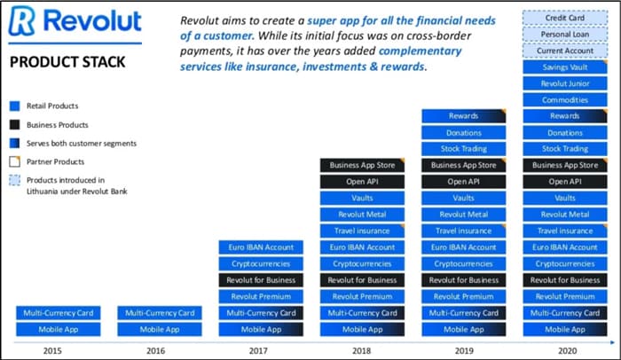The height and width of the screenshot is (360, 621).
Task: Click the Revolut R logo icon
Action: pyautogui.click(x=22, y=20)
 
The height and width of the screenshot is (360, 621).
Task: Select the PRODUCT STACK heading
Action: pyautogui.click(x=67, y=62)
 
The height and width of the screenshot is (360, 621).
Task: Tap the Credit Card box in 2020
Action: pyautogui.click(x=565, y=18)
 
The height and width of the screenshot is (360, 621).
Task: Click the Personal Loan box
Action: pyautogui.click(x=565, y=35)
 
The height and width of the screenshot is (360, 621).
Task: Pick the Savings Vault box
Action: pyautogui.click(x=565, y=67)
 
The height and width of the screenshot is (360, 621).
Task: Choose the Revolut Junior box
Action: pyautogui.click(x=565, y=83)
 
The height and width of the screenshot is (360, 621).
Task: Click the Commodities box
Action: pyautogui.click(x=565, y=100)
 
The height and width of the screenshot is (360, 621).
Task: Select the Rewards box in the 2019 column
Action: pyautogui.click(x=463, y=116)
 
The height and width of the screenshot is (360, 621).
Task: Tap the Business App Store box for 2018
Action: pyautogui.click(x=362, y=165)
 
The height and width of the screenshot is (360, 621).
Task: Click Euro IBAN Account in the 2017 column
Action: pyautogui.click(x=261, y=247)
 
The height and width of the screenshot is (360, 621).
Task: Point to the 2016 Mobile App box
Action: pyautogui.click(x=159, y=329)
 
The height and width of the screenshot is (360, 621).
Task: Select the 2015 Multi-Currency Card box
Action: pyautogui.click(x=59, y=313)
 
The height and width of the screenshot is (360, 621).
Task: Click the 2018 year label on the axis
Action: pyautogui.click(x=361, y=350)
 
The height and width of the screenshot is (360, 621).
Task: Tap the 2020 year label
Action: pyautogui.click(x=567, y=350)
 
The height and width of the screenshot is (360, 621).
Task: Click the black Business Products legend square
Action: pyautogui.click(x=15, y=125)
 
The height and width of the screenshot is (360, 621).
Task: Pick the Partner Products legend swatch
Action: pyautogui.click(x=15, y=161)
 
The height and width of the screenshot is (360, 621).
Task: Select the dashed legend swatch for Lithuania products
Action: pyautogui.click(x=15, y=180)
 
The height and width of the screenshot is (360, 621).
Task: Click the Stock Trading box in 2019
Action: pyautogui.click(x=463, y=149)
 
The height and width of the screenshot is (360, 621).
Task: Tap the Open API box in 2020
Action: pyautogui.click(x=565, y=182)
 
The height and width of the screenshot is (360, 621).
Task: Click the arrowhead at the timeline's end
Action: pyautogui.click(x=612, y=342)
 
